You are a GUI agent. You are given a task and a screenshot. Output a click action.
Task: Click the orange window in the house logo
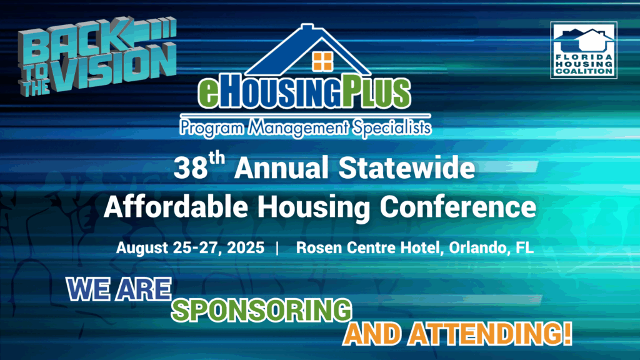322,61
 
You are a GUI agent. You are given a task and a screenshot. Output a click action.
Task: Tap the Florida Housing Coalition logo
583,50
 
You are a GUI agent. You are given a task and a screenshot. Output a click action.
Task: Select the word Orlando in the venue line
476,247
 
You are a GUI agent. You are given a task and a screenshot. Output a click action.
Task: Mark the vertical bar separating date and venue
277,247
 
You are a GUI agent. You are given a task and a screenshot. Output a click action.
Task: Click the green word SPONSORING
260,309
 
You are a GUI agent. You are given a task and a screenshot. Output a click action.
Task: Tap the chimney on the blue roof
306,29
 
